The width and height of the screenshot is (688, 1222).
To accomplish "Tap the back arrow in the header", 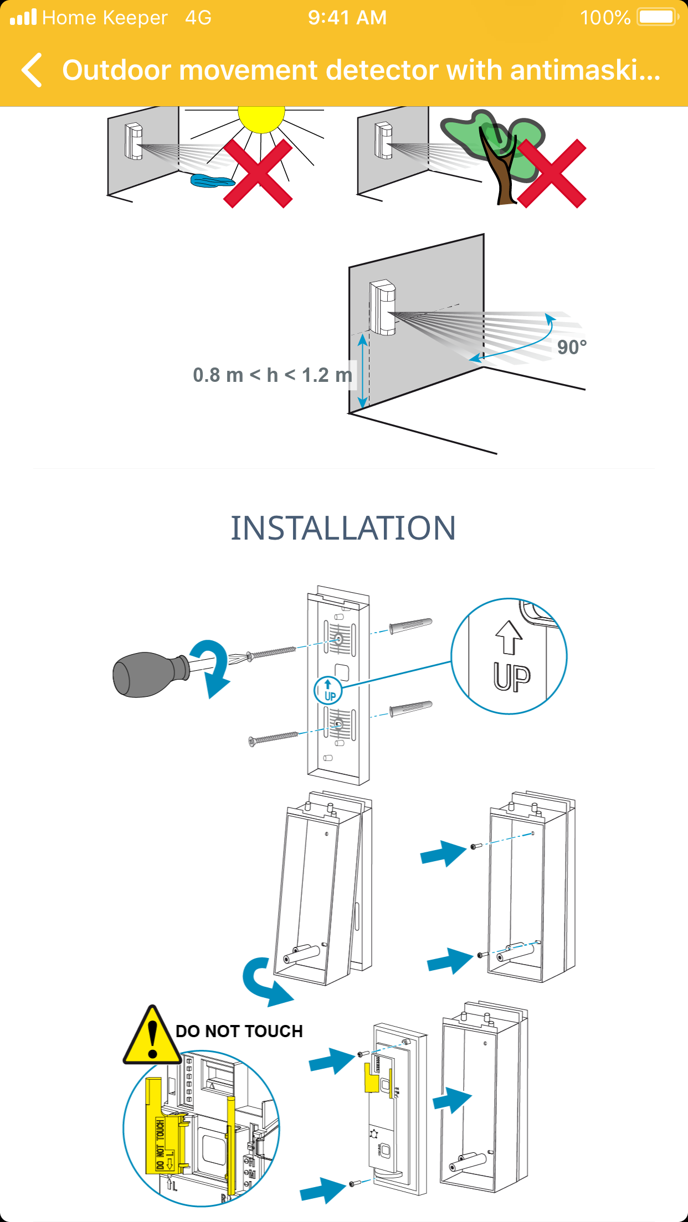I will [32, 70].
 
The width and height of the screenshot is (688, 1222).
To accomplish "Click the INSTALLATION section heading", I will [343, 528].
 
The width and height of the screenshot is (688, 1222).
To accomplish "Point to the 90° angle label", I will [572, 348].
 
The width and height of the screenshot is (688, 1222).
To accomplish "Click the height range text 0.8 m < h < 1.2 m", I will [273, 375].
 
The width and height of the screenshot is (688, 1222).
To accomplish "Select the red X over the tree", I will [552, 173].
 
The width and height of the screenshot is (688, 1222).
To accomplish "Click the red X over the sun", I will [258, 173].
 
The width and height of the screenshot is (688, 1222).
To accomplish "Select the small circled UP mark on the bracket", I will [328, 690].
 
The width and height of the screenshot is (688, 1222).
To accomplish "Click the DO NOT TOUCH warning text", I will [239, 1031].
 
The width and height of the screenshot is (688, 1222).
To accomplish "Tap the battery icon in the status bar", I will [657, 17].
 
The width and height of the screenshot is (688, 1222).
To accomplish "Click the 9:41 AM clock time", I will [347, 18].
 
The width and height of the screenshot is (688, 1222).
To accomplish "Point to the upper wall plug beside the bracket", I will [410, 626].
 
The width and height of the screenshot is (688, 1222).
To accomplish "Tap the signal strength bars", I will [23, 18].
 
